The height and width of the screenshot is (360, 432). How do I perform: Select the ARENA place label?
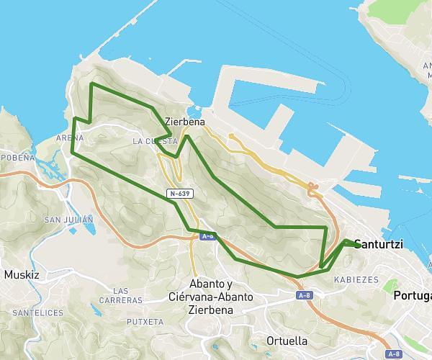(x=69, y=137)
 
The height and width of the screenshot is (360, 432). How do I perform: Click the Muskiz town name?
(x=22, y=274)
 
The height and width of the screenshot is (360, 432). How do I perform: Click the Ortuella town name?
(x=286, y=340)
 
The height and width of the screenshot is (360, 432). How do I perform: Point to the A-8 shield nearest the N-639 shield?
(x=208, y=235)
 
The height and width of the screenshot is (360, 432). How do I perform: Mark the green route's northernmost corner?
(x=91, y=84)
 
